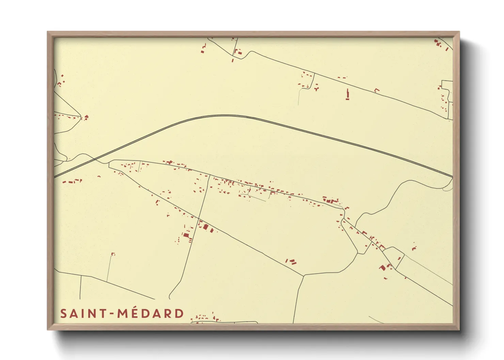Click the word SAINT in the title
click(83, 313)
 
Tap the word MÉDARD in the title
click(151, 313)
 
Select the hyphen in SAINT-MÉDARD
click(112, 314)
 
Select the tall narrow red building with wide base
click(348, 94)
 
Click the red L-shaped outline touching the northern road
click(377, 90)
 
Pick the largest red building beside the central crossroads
click(206, 227)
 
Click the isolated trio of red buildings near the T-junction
click(291, 261)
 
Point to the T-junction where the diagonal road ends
click(303, 275)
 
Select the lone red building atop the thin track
click(113, 254)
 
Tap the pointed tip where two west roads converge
click(81, 116)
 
